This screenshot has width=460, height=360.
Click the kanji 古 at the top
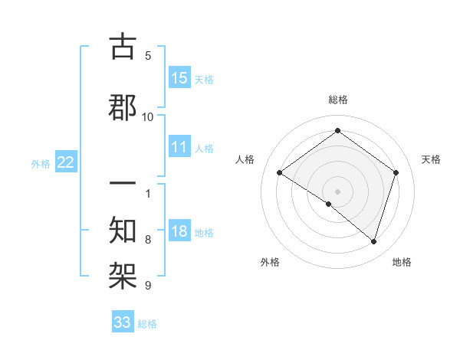(123, 47)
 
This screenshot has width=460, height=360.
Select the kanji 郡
(123, 107)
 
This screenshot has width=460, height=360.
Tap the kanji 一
(123, 186)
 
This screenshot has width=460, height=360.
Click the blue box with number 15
(179, 78)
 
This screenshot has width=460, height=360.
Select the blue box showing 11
(179, 148)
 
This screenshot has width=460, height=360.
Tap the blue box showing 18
(179, 232)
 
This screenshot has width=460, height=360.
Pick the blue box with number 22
(66, 162)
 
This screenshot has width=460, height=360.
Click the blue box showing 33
(123, 322)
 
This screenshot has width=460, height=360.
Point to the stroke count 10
(148, 116)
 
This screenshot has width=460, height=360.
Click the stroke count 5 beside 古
(148, 56)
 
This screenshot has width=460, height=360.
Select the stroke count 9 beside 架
(148, 286)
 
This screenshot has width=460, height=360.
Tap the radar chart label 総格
(337, 100)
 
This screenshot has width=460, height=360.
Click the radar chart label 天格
(432, 159)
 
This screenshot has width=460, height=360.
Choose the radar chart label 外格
(270, 262)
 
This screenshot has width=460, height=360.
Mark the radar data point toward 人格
(280, 173)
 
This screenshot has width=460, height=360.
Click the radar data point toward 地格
(374, 242)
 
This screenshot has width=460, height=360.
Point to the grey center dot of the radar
(337, 191)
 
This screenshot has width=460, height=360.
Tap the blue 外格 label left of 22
(40, 163)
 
